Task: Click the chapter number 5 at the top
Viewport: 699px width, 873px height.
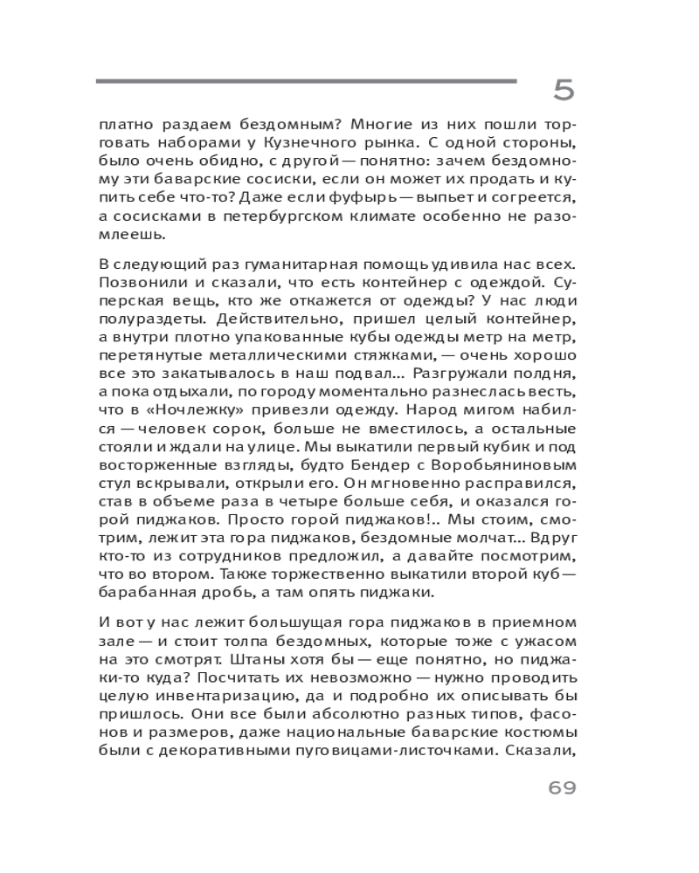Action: tap(564, 89)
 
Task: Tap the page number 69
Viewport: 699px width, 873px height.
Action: tap(563, 789)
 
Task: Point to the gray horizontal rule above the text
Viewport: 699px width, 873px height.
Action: tap(306, 82)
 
